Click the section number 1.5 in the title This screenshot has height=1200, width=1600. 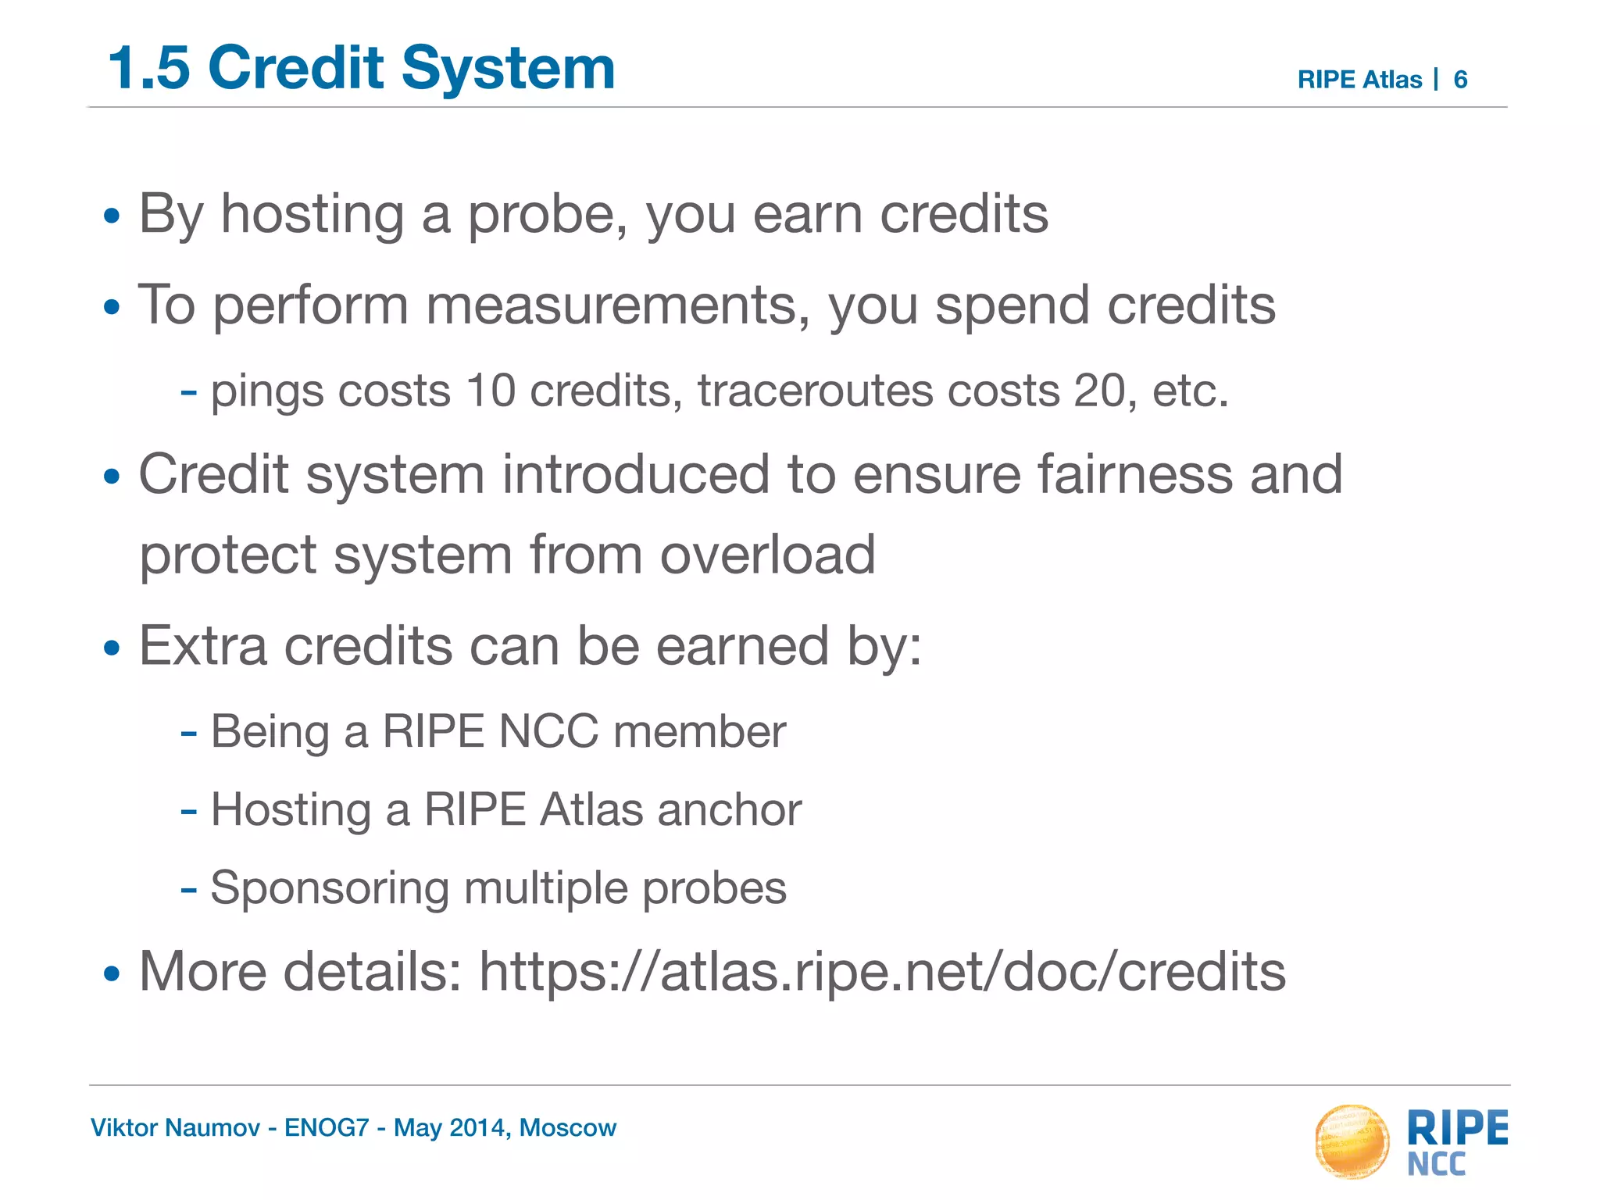tap(149, 68)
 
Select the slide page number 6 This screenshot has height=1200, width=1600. tap(1460, 80)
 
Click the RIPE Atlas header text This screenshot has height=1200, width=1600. tap(1359, 80)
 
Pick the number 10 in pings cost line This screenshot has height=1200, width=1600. tap(491, 390)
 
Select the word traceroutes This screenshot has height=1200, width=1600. tap(815, 390)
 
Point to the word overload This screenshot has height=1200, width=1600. tap(767, 555)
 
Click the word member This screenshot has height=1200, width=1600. tap(699, 732)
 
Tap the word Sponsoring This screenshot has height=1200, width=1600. tap(329, 889)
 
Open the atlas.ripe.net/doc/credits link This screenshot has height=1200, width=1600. tap(882, 972)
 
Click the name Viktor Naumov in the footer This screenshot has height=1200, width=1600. tap(175, 1127)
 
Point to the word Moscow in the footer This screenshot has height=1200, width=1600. tap(568, 1127)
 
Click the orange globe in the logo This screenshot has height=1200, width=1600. tap(1352, 1141)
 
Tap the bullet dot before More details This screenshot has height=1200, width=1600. tap(112, 974)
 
